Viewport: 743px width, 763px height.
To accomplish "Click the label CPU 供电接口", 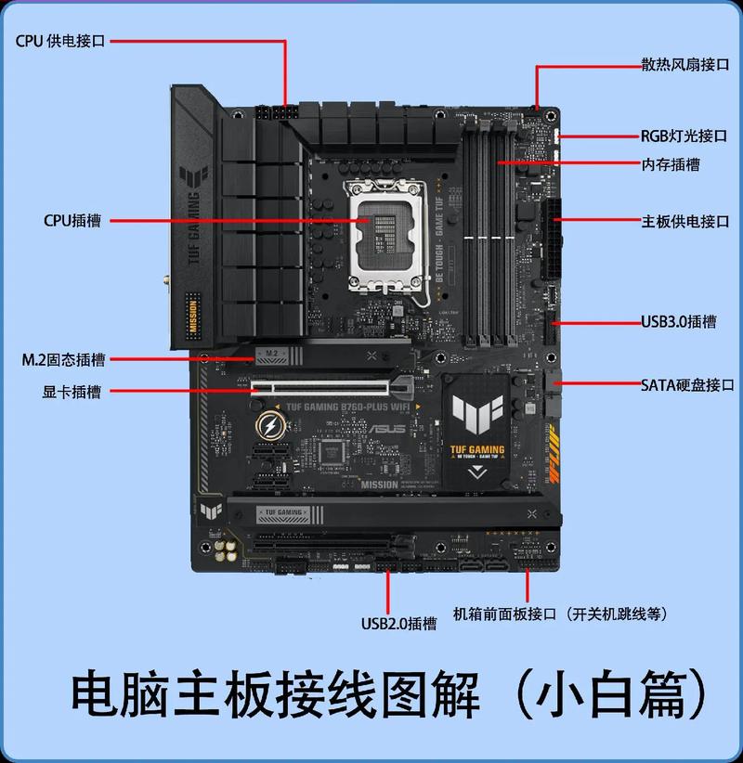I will click(x=60, y=42).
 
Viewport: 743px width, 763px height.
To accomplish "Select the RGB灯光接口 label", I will click(x=684, y=136).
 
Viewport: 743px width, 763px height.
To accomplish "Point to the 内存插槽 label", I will click(x=671, y=164).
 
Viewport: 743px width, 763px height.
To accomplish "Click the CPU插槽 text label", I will click(x=72, y=221).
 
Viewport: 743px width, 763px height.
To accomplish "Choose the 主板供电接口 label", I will click(x=685, y=222).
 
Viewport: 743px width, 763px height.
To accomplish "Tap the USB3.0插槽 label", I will click(x=678, y=322).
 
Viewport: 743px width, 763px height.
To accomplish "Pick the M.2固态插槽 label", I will click(x=63, y=359).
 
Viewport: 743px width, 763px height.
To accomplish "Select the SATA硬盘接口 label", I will click(x=687, y=384).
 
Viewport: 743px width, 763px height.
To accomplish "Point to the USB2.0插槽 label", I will click(x=398, y=623).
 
